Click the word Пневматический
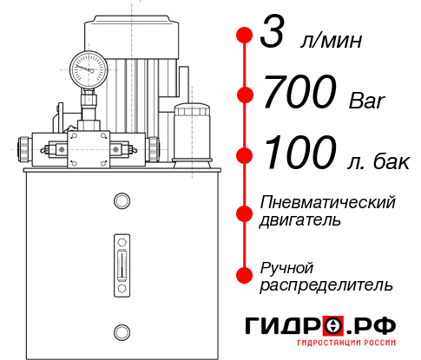pyautogui.click(x=328, y=203)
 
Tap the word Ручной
pyautogui.click(x=287, y=266)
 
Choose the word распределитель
pyautogui.click(x=326, y=285)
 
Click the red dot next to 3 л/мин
pyautogui.click(x=244, y=36)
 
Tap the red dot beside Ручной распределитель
pyautogui.click(x=244, y=275)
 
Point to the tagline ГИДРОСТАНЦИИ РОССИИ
pyautogui.click(x=344, y=346)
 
